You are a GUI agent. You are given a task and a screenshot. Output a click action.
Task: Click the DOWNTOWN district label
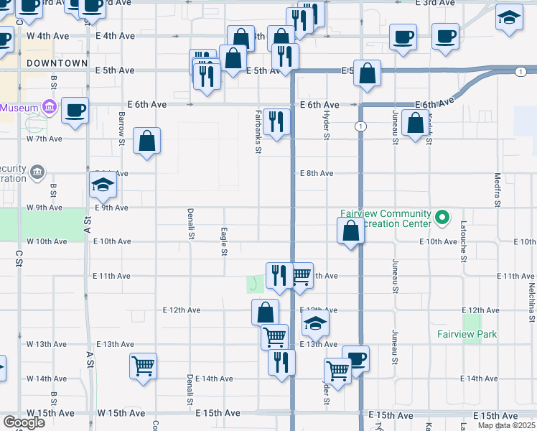[x=57, y=63]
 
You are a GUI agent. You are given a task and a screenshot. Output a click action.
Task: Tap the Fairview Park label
[x=467, y=334]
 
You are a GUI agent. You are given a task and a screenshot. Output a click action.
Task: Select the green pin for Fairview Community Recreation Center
[x=443, y=215]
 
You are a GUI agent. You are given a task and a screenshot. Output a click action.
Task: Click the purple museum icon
[x=50, y=108]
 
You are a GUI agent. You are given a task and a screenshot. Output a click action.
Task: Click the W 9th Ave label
[x=46, y=208]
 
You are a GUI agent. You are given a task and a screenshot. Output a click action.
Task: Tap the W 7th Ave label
[x=45, y=139]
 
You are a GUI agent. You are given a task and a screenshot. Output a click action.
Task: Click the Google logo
[x=24, y=422]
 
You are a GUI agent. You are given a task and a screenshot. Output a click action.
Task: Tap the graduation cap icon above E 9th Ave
[x=103, y=186]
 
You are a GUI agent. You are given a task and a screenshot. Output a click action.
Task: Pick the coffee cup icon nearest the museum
[x=75, y=110]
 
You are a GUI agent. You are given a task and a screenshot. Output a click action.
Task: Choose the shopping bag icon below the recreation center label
[x=350, y=231]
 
